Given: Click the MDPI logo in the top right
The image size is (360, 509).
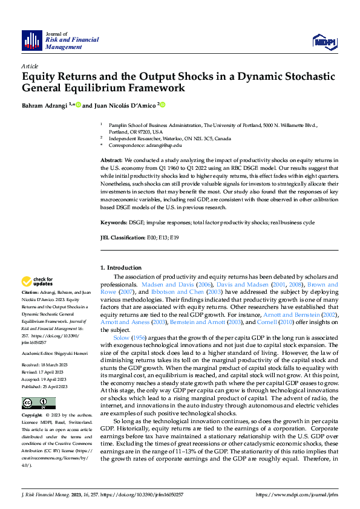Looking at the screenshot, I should pos(325,41).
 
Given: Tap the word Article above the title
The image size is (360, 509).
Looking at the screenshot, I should pos(30,65).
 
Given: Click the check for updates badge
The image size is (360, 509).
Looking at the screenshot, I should pos(37,282).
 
